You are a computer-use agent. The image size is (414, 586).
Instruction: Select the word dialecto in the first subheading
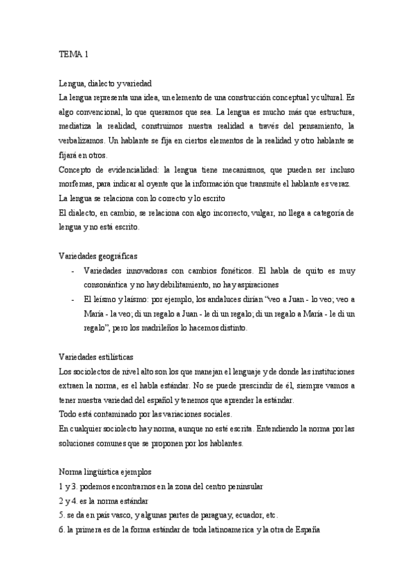click(x=104, y=82)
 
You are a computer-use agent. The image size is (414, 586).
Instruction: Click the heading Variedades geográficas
click(x=98, y=256)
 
